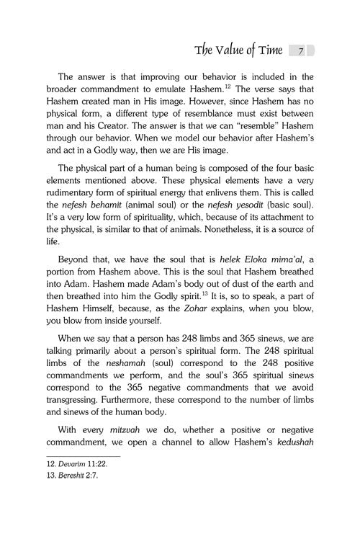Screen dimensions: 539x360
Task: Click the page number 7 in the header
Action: click(x=302, y=50)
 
